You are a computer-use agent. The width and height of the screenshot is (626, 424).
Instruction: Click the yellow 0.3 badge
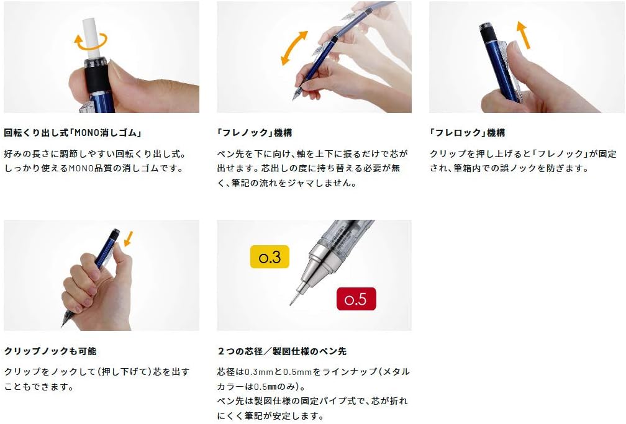[x=270, y=257]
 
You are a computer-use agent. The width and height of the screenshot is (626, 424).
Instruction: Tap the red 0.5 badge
[x=356, y=299]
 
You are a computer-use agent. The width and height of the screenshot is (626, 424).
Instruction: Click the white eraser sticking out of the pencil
[x=91, y=38]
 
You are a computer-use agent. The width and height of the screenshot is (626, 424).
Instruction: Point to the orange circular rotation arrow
[x=90, y=43]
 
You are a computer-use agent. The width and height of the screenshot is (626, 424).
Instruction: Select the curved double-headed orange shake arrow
[x=294, y=48]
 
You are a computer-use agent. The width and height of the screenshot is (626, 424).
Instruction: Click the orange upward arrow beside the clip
[x=523, y=35]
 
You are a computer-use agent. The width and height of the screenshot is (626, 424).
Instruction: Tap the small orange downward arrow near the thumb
[x=128, y=238]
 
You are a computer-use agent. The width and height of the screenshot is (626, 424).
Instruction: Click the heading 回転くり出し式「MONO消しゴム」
[x=73, y=133]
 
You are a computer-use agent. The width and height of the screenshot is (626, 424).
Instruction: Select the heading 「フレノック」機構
[x=255, y=133]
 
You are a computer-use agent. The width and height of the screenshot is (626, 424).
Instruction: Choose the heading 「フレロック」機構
[x=467, y=133]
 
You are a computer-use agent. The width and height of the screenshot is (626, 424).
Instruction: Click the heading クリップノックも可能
[x=50, y=351]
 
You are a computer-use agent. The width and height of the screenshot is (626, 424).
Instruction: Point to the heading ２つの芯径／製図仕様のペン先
[x=282, y=351]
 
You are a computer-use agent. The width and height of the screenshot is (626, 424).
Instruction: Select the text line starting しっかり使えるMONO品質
[x=94, y=168]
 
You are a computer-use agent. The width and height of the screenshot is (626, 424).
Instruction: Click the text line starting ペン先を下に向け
[x=312, y=154]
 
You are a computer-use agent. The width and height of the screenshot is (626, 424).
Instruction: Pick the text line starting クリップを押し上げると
[x=523, y=154]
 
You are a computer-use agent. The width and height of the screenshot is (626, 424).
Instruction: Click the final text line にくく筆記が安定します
[x=270, y=416]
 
